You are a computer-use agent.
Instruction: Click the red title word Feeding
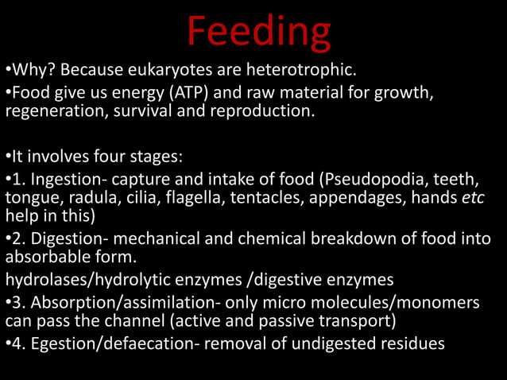coord(259,32)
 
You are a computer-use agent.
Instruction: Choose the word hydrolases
coord(45,279)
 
